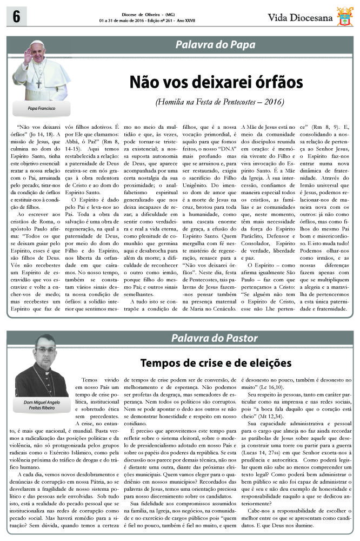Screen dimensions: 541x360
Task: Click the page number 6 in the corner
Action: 12,16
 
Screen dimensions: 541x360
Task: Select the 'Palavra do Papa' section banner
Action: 215,45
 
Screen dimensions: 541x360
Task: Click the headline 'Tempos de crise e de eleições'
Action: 216,362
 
